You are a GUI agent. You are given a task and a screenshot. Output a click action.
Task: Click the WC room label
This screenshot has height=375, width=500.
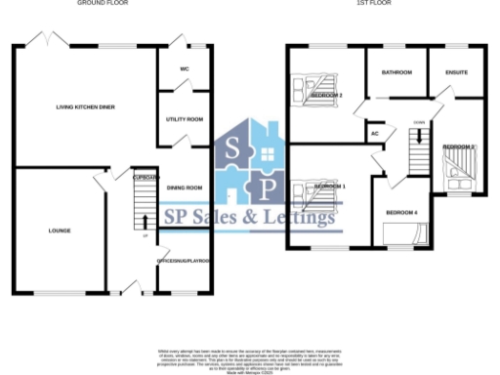click(x=184, y=69)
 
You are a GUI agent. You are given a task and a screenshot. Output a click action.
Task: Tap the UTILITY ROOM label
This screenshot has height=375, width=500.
click(x=184, y=119)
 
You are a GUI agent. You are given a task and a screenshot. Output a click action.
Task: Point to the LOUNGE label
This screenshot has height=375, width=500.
click(x=60, y=230)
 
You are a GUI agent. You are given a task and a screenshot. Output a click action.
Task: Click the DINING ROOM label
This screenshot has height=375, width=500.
click(x=185, y=187)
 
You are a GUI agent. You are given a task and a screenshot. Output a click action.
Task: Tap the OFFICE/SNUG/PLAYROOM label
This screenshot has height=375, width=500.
click(x=185, y=261)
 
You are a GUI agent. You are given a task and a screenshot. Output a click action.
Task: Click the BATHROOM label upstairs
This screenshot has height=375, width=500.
click(x=396, y=73)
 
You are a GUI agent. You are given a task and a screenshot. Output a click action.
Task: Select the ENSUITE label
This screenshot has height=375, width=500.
click(x=456, y=73)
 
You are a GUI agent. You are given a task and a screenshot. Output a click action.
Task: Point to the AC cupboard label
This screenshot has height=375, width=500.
click(x=375, y=135)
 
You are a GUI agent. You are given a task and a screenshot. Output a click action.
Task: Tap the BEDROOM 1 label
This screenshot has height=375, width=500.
click(x=330, y=186)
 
